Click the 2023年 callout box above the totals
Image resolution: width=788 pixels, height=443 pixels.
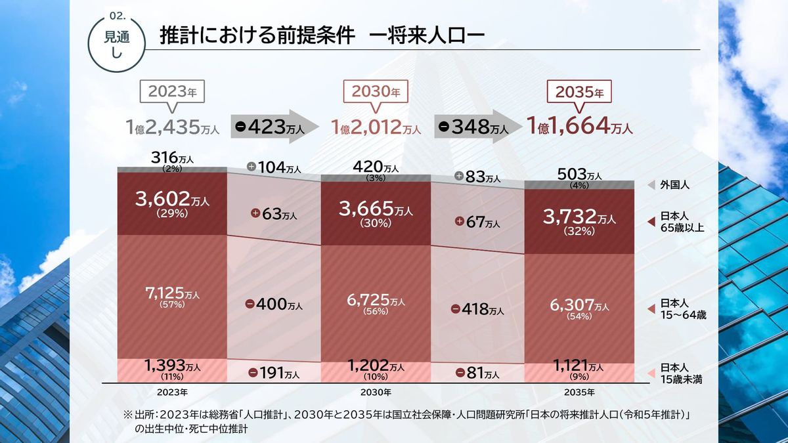pos(173,91)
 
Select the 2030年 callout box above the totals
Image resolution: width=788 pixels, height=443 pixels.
pos(376,91)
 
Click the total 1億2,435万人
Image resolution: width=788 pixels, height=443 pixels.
pos(173,127)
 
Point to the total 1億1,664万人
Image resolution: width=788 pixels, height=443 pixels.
pos(580,126)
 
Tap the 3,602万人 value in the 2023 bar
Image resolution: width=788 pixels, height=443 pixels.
pos(172,202)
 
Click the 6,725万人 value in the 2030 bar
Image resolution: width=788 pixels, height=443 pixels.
pos(376,303)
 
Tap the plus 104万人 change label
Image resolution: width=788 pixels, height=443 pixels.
pos(273,167)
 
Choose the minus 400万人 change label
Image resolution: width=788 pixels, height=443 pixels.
pos(274,305)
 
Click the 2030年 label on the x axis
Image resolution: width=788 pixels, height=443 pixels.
pos(376,392)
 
